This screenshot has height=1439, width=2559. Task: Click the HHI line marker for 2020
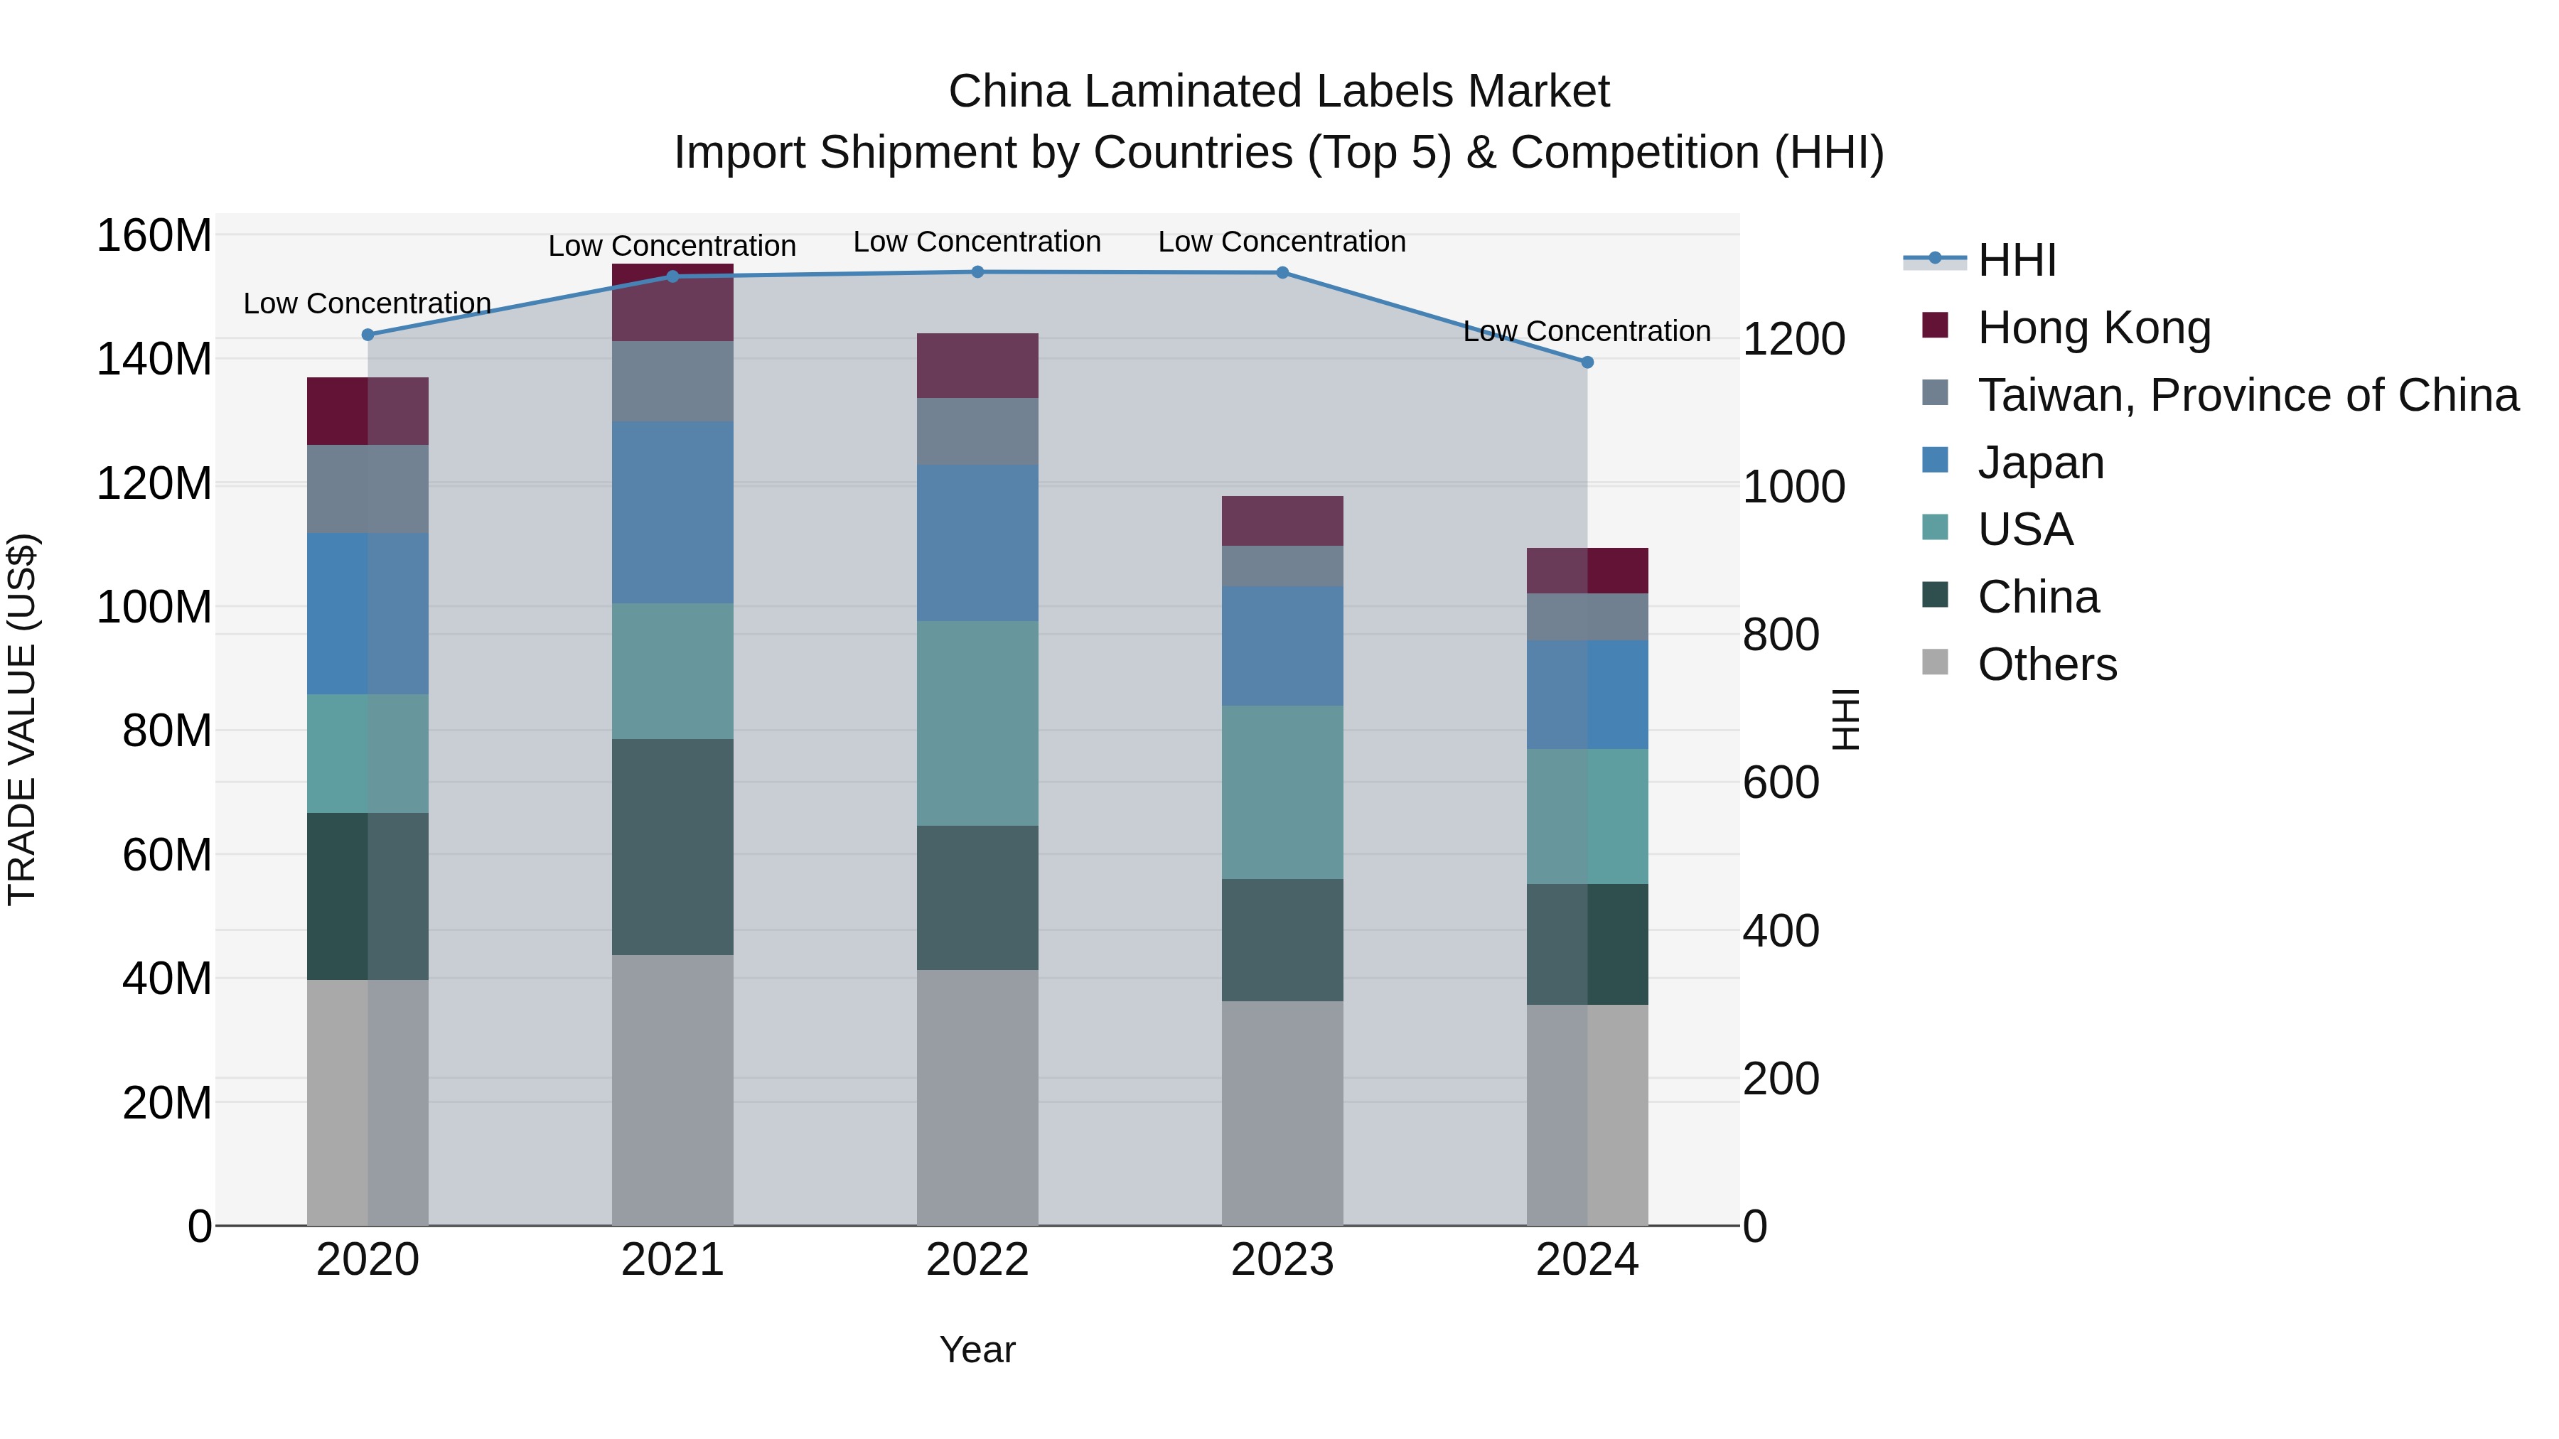coord(368,335)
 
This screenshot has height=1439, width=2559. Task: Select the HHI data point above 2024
coord(1587,362)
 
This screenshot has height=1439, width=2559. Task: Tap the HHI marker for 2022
coord(977,272)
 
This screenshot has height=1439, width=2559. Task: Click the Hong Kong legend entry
coord(2093,328)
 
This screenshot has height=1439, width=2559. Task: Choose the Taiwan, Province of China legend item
coord(2247,395)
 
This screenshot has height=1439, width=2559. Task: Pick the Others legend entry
coord(2046,664)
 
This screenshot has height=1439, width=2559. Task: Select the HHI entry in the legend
coord(2016,260)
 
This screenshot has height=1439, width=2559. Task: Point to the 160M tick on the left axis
coord(154,237)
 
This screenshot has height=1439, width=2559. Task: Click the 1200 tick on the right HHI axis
coord(1793,339)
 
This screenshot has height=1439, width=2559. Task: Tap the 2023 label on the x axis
coord(1282,1260)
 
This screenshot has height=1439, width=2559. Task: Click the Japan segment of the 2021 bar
coord(672,512)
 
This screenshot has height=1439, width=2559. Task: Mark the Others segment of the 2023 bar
coord(1282,1112)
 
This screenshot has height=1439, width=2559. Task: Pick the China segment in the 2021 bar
coord(672,846)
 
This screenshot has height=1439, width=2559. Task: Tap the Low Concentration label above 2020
coord(368,303)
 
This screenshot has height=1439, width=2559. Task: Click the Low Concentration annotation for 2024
coord(1587,330)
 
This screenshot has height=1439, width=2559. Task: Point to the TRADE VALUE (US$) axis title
coord(22,719)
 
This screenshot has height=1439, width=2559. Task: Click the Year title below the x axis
coord(977,1349)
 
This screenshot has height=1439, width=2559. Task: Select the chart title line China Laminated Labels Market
coord(1279,92)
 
